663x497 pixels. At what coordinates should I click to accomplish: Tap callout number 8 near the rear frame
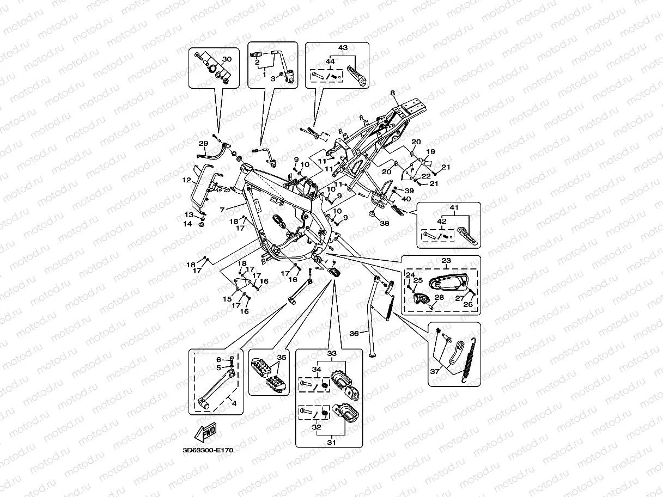(x=392, y=94)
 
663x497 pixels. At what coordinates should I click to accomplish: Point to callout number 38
(x=385, y=223)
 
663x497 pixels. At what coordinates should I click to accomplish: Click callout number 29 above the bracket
(x=203, y=144)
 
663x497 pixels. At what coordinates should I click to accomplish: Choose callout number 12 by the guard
(x=186, y=180)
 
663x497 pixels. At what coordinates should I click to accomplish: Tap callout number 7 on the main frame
(x=222, y=209)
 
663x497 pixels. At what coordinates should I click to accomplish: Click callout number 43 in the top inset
(x=343, y=48)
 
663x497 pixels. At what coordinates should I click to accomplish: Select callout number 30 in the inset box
(x=227, y=59)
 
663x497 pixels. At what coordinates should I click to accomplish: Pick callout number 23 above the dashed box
(x=446, y=261)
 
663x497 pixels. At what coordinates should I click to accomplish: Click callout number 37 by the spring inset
(x=435, y=371)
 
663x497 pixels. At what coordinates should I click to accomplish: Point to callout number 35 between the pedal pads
(x=281, y=358)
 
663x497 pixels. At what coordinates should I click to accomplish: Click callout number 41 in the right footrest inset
(x=455, y=208)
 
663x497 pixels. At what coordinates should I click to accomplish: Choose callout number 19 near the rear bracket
(x=430, y=151)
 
